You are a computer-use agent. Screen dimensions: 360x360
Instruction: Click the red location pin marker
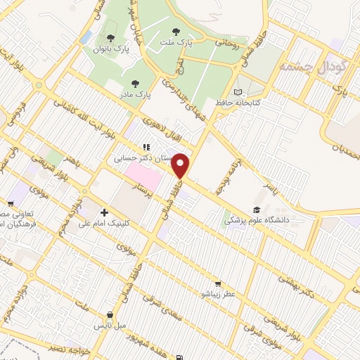(181, 166)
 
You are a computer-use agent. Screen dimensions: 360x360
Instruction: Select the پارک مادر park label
(134, 94)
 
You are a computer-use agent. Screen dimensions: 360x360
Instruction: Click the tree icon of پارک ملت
(175, 32)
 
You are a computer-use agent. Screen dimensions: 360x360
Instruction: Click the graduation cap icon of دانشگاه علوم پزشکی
(257, 210)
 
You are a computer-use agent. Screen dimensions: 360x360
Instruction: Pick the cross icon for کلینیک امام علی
(105, 212)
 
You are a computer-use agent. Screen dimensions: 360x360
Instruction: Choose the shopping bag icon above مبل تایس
(110, 316)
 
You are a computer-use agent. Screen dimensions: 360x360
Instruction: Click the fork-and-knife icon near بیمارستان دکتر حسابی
(146, 148)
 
